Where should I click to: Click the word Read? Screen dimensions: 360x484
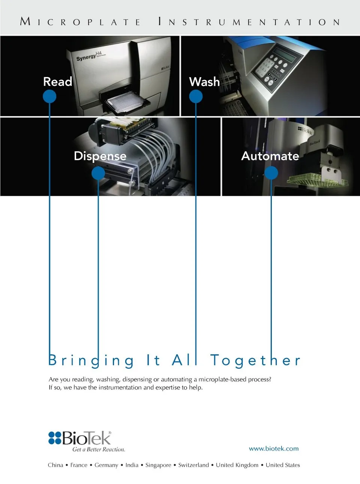pos(58,82)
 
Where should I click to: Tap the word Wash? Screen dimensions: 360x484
pos(204,82)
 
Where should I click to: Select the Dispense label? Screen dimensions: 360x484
pos(100,156)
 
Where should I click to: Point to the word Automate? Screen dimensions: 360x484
pos(270,156)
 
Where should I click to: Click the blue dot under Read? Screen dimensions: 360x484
pos(49,96)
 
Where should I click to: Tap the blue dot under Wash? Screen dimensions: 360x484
pos(196,96)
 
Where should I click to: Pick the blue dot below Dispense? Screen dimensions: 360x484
pos(98,173)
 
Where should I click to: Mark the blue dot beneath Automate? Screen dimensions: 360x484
pos(271,173)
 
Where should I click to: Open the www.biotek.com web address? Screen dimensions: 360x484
pos(274,449)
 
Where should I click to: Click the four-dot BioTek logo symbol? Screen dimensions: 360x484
pos(55,438)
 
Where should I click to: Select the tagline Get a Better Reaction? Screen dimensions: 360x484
pos(99,449)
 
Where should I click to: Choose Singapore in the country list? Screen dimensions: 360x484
pos(158,465)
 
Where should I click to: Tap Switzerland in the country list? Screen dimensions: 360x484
pos(193,465)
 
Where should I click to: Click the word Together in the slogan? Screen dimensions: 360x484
pos(255,360)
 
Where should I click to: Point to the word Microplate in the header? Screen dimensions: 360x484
pos(80,22)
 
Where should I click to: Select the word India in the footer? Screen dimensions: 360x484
pos(132,465)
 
